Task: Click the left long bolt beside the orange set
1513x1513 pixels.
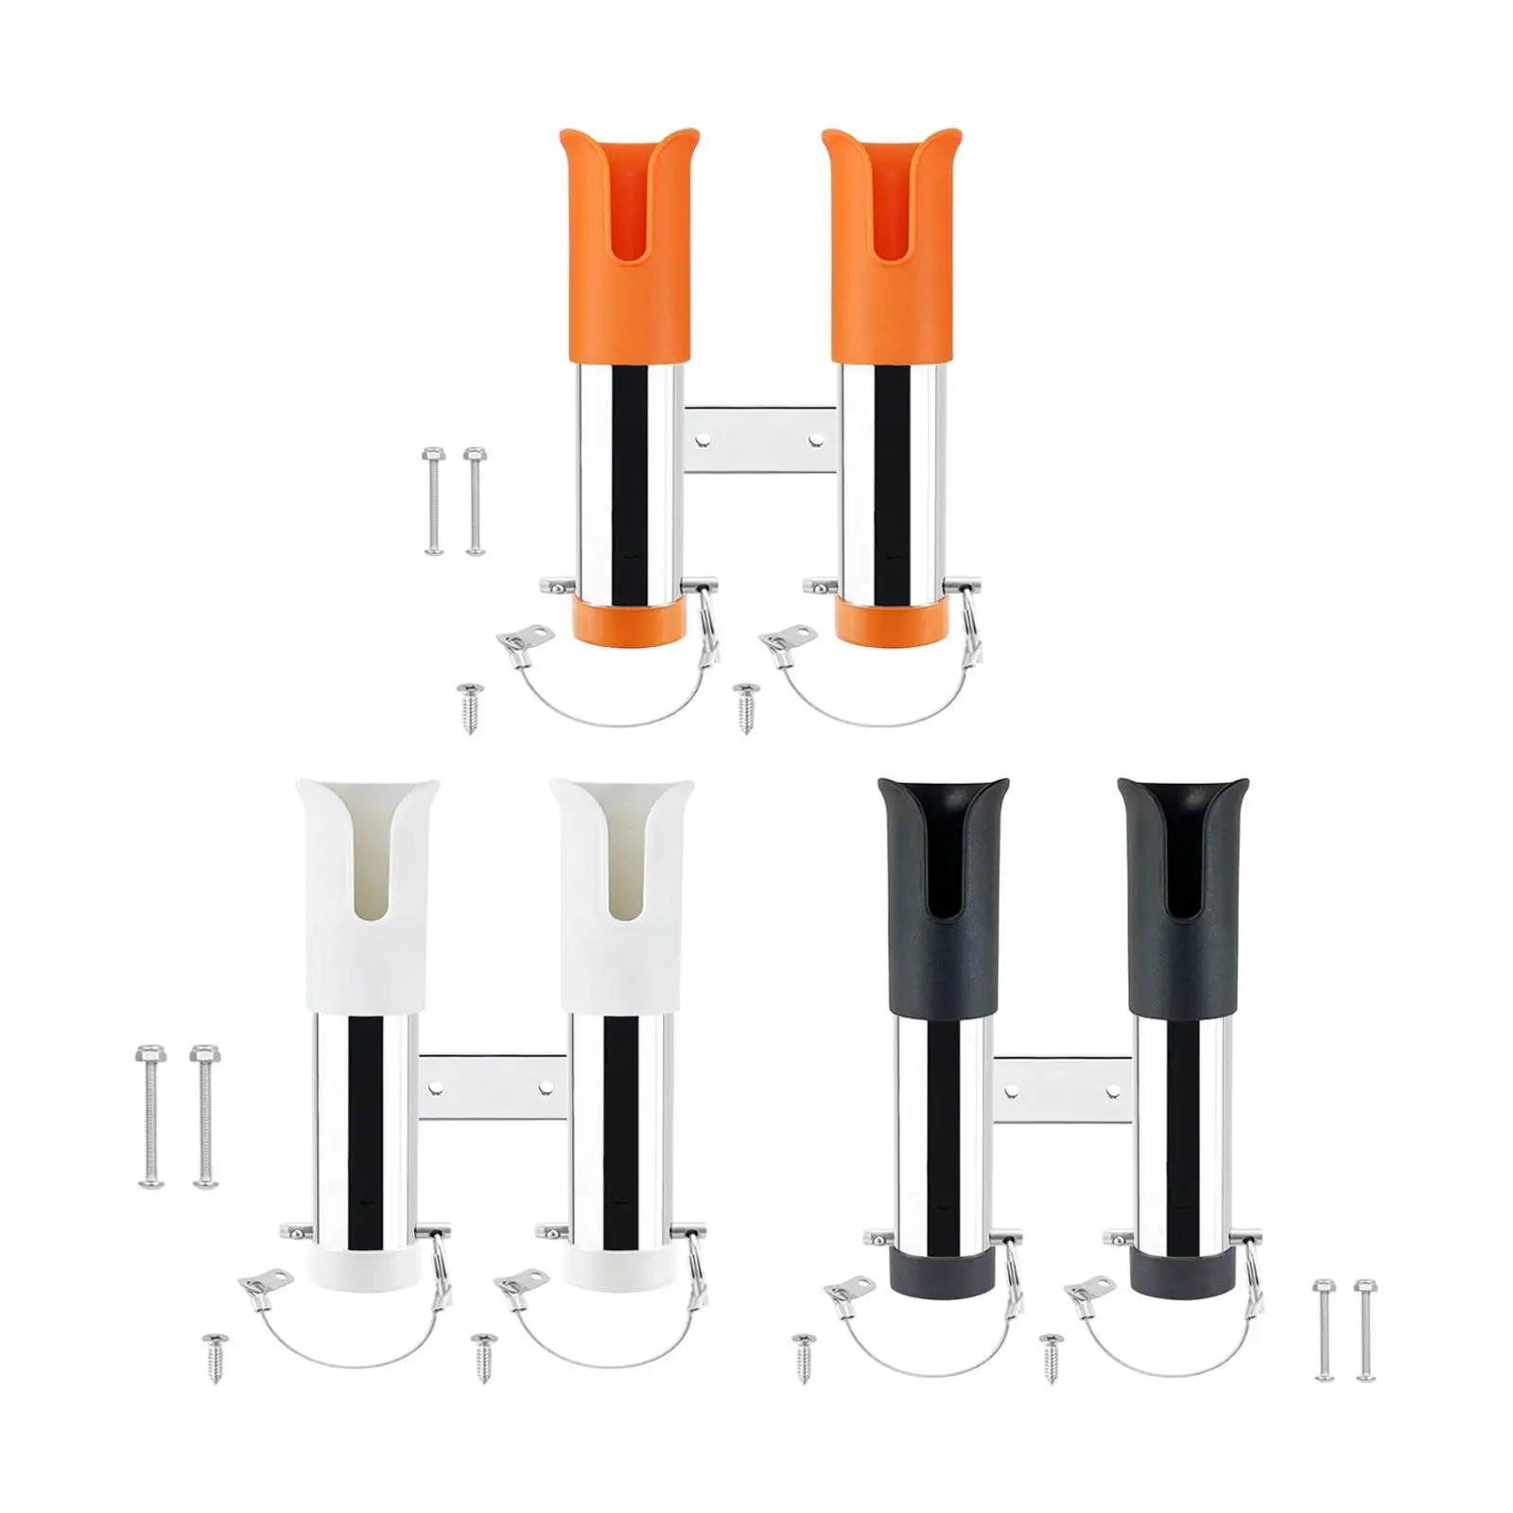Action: point(433,500)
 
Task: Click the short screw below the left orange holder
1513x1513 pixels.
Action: point(469,706)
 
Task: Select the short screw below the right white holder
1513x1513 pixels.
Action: point(485,1357)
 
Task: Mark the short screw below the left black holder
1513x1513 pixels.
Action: point(805,1357)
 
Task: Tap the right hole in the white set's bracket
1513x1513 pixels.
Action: point(545,1087)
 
